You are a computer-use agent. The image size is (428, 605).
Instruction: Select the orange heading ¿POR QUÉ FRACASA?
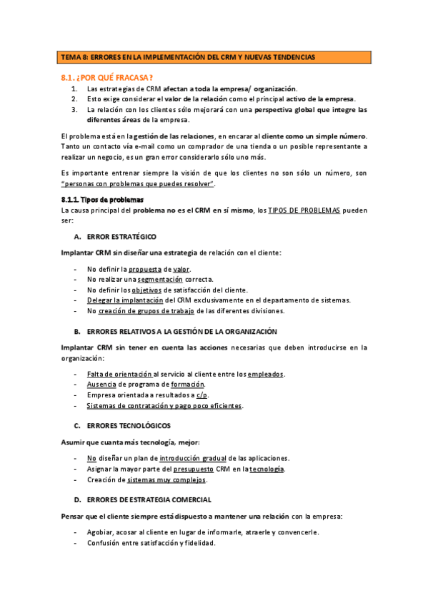click(x=108, y=76)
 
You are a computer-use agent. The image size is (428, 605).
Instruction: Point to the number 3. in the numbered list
click(x=74, y=110)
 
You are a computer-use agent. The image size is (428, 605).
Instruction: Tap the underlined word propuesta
click(x=144, y=269)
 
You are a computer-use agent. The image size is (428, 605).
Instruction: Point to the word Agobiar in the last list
click(x=101, y=532)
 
